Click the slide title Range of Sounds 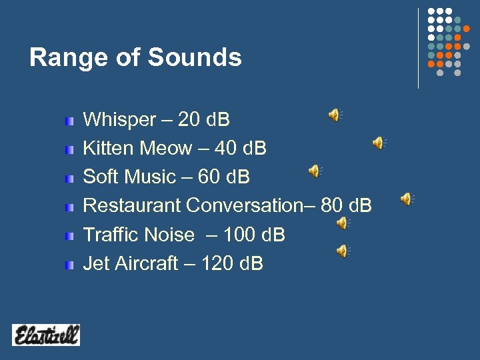coord(135,58)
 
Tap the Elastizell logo coord(45,335)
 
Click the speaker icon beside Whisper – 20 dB coord(334,115)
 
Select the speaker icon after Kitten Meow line coord(378,143)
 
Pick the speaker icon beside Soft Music coord(314,171)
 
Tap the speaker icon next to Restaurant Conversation coord(406,199)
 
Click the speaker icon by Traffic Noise coord(342,223)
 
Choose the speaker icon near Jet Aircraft coord(342,251)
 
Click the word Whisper coord(119,120)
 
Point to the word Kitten coord(108,149)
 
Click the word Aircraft coord(145,264)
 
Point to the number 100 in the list coord(237,235)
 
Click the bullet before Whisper coord(69,121)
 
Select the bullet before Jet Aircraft coord(69,265)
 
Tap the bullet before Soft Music coord(69,179)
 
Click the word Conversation coord(245,205)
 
